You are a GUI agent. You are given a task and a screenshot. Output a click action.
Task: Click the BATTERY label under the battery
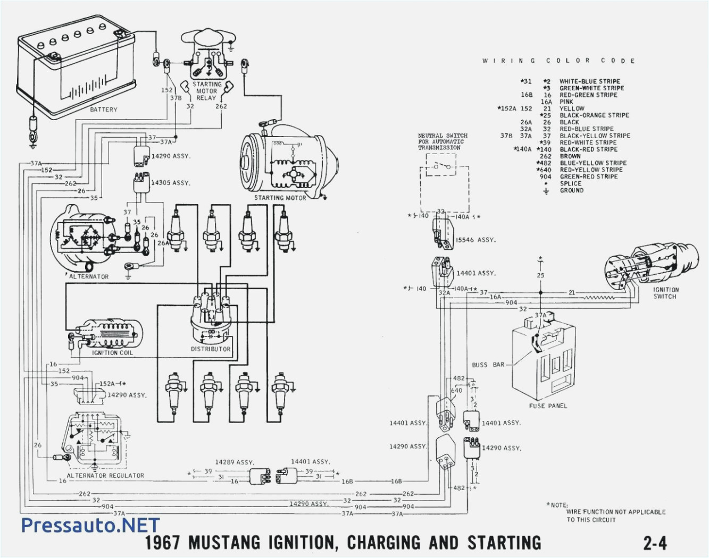click(103, 109)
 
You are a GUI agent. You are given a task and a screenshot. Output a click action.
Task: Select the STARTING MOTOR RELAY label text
click(206, 91)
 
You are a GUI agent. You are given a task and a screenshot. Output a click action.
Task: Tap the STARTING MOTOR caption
click(280, 198)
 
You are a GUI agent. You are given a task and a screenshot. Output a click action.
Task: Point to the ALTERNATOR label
click(89, 276)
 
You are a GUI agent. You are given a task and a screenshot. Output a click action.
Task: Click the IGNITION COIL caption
click(112, 353)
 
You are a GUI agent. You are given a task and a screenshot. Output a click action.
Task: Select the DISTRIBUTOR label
click(211, 349)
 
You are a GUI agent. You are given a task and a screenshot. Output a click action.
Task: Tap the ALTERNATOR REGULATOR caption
click(105, 476)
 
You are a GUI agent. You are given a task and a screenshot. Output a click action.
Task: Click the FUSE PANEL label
click(548, 406)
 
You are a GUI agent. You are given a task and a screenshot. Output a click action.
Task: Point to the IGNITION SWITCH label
click(666, 293)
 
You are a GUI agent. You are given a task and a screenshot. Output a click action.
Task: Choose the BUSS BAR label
click(488, 365)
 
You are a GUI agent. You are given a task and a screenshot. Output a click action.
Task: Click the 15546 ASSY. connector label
click(475, 240)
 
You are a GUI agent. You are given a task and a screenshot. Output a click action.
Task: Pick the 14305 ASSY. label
click(170, 183)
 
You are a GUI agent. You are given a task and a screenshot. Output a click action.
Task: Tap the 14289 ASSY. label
click(235, 462)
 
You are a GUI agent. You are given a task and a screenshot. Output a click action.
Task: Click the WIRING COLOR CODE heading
click(558, 61)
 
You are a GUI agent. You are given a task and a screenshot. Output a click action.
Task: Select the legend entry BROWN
click(570, 156)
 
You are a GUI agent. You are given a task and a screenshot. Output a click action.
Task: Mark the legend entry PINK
click(566, 102)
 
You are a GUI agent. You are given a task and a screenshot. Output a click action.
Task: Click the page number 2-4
click(655, 543)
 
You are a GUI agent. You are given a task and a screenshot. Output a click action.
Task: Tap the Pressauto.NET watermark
click(90, 525)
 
